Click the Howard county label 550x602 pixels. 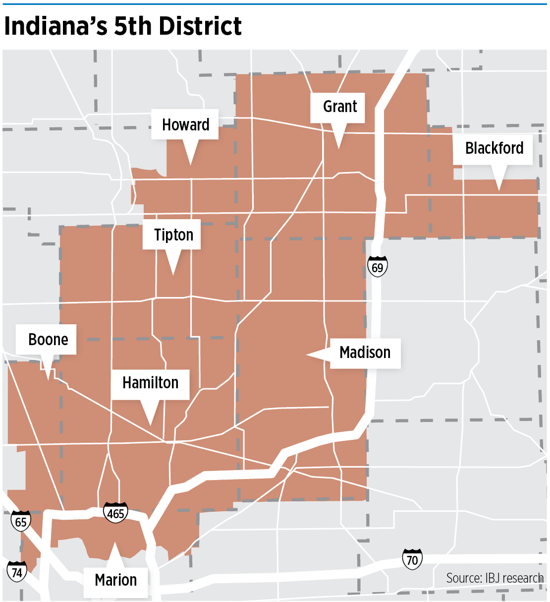(x=185, y=124)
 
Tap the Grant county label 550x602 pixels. (x=340, y=107)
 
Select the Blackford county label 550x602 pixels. (x=494, y=148)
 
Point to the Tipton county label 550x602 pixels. (x=173, y=235)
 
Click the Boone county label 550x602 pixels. (x=48, y=340)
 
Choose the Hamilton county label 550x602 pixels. (x=150, y=383)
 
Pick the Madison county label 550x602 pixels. (x=365, y=353)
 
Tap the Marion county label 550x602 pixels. (x=115, y=580)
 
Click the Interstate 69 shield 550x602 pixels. (x=378, y=267)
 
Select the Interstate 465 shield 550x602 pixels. (x=116, y=513)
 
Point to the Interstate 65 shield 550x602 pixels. (x=21, y=521)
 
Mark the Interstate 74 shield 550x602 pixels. (x=17, y=572)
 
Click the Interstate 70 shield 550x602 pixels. (x=412, y=560)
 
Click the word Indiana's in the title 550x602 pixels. (x=55, y=26)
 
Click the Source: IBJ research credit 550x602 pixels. (x=495, y=578)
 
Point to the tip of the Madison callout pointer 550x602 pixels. (x=307, y=355)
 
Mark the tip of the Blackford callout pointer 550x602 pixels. (x=499, y=190)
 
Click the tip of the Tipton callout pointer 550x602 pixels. (x=173, y=275)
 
